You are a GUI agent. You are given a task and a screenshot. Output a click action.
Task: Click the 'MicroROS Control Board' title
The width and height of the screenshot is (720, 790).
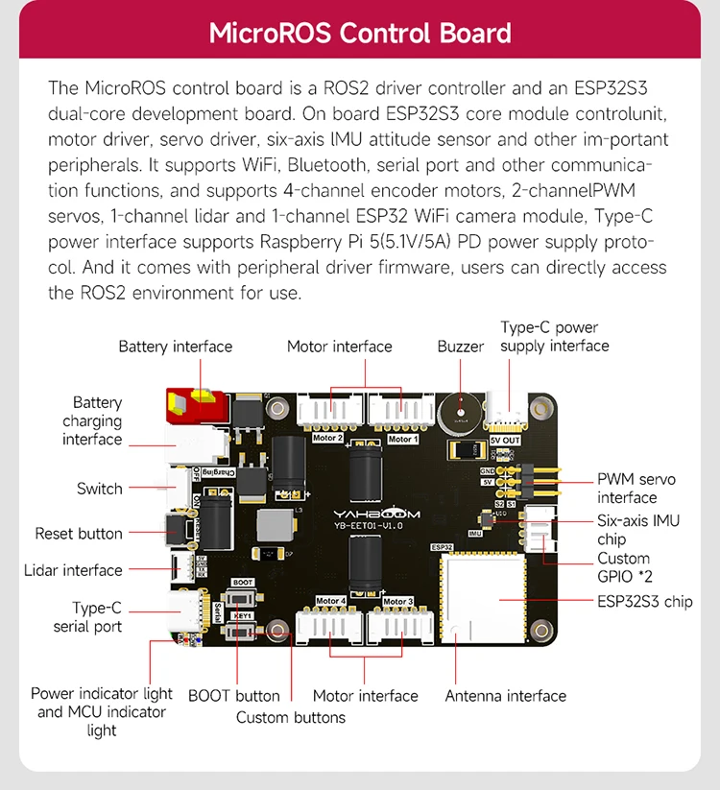tap(360, 33)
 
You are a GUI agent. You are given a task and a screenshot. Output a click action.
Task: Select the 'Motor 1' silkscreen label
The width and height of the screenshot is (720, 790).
tap(402, 440)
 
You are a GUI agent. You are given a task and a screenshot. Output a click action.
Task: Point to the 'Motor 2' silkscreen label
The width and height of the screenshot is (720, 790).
tap(328, 439)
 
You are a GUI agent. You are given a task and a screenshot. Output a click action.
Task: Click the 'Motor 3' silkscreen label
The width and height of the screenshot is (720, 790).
tap(397, 602)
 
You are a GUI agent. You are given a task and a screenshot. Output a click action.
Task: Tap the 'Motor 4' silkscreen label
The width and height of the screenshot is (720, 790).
tap(329, 602)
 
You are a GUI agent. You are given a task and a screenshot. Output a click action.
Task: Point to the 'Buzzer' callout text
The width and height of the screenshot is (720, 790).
tap(461, 347)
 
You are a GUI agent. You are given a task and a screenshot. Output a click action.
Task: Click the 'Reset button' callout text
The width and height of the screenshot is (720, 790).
tap(79, 534)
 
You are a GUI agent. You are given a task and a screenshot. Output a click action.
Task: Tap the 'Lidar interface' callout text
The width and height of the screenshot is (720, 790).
tap(73, 570)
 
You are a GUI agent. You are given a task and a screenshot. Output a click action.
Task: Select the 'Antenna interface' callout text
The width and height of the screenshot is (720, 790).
tap(505, 696)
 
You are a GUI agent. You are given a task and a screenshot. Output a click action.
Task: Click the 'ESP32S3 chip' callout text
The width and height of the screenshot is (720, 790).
tap(644, 602)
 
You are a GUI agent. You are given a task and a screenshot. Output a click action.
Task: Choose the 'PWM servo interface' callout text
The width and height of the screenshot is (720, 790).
tap(636, 489)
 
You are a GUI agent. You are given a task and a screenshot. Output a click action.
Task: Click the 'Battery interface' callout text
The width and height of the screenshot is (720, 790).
tap(176, 347)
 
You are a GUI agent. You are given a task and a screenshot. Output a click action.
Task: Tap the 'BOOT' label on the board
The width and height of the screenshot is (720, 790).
tap(243, 583)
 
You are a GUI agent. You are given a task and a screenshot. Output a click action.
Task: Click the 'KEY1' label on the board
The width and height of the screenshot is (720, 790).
tap(244, 614)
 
